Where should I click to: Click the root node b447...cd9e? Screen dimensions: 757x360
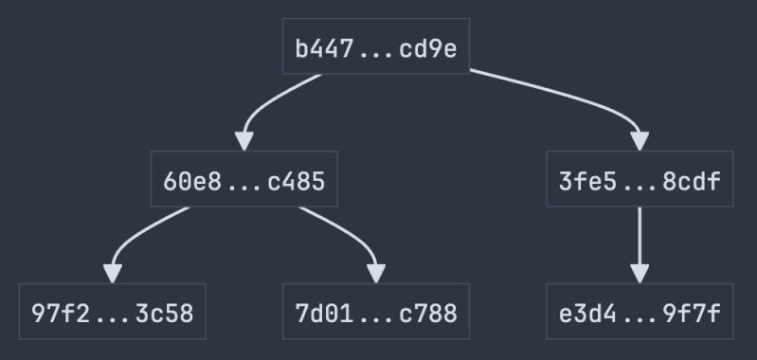[376, 47]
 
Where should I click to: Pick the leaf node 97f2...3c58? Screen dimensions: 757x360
[113, 312]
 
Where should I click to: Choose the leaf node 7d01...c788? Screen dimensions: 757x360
[376, 312]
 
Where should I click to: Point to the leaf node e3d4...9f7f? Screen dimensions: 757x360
[640, 312]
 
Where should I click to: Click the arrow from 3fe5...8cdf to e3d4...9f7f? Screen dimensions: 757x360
[640, 237]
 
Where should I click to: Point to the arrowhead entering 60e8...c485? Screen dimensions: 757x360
[244, 141]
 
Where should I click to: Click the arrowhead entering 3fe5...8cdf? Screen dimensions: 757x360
[640, 141]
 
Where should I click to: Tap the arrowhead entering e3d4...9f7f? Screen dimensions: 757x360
[640, 273]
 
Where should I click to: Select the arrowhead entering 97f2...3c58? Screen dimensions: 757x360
[113, 273]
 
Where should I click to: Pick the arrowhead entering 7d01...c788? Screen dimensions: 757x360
[376, 273]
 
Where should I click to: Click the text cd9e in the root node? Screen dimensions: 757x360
[428, 48]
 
